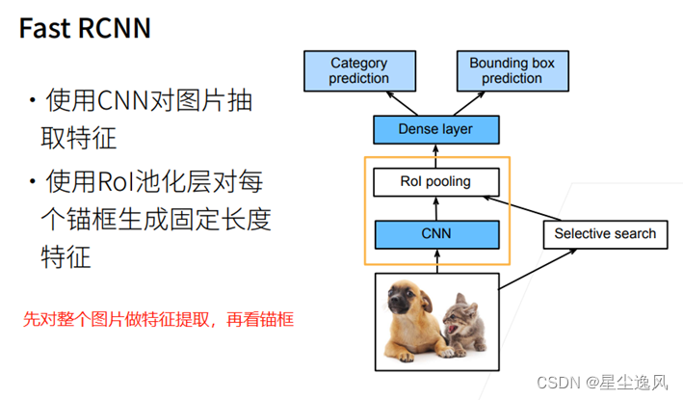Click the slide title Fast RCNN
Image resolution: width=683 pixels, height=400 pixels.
[86, 28]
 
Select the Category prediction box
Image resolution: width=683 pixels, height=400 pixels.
[358, 71]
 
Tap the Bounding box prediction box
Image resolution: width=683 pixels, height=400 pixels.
[512, 71]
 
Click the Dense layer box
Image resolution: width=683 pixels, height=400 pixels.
[435, 129]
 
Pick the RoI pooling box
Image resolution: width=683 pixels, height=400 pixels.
[435, 180]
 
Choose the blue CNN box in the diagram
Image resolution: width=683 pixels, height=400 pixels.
[435, 232]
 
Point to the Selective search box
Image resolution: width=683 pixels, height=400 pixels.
[604, 233]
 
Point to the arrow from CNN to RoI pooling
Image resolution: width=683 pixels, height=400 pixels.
[435, 206]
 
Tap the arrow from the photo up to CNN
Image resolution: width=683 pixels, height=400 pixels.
[435, 260]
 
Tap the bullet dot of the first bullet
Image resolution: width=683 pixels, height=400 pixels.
[34, 101]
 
